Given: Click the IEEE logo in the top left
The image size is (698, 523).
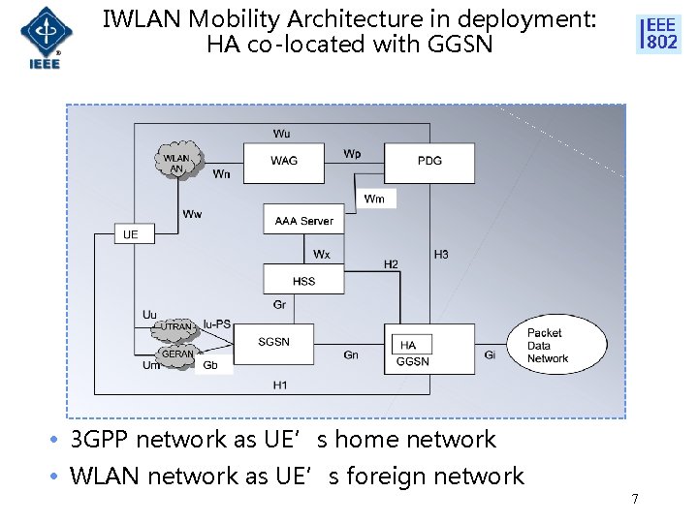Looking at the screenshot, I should [41, 37].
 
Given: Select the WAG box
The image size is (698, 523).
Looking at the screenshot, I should [284, 161].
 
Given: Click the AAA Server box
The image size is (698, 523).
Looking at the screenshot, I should [303, 220].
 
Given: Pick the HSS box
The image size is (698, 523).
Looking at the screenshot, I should [303, 281].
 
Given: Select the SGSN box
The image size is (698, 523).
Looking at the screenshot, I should [273, 342].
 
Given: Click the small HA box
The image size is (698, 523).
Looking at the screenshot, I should [408, 345].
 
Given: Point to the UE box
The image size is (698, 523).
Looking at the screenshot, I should [131, 234].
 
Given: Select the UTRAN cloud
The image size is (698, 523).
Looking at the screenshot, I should [175, 328].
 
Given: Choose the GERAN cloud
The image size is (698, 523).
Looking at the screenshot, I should [177, 354].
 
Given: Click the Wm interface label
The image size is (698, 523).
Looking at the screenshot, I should [374, 199].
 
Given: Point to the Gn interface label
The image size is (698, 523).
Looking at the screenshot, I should [351, 355].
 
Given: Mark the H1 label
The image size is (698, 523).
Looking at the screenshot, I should [280, 385].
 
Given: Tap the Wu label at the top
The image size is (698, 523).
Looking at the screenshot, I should [281, 133].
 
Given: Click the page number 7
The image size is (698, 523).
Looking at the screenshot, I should [634, 499].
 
